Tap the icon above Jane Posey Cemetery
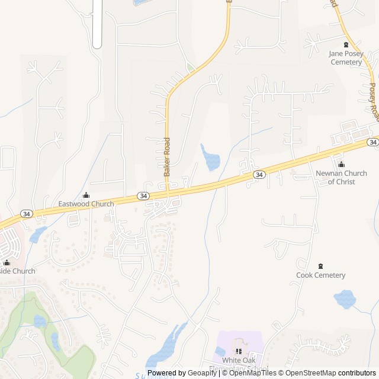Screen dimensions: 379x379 click(x=346, y=44)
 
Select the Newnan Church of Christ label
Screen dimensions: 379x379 click(x=335, y=177)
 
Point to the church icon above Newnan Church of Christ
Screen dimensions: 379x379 click(x=341, y=165)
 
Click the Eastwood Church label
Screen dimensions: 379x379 click(x=86, y=204)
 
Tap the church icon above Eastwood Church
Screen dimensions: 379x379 click(x=86, y=195)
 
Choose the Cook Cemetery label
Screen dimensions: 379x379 click(x=320, y=275)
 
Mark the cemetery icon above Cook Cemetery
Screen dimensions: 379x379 click(x=321, y=266)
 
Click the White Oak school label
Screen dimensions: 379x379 click(x=239, y=360)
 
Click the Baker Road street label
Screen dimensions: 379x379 click(x=167, y=156)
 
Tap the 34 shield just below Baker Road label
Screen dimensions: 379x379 click(x=143, y=195)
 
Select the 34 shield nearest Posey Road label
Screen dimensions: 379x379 click(x=372, y=142)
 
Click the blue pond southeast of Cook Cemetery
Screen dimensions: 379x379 click(x=345, y=299)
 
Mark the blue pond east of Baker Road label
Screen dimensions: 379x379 click(x=210, y=158)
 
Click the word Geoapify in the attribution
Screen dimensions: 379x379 click(x=203, y=373)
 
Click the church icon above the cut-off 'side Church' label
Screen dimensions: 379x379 click(x=7, y=262)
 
